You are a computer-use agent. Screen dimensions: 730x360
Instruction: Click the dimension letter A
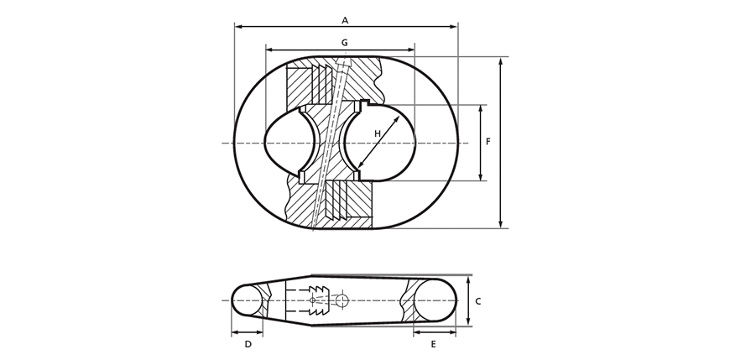pos(345,20)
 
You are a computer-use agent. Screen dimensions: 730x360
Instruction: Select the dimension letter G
pos(345,43)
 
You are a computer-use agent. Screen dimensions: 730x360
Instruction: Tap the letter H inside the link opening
pos(378,133)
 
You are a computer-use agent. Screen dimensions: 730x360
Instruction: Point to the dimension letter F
pos(488,142)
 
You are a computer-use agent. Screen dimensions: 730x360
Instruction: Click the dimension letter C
pos(478,301)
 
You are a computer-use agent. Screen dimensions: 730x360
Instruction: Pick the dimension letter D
pos(248,344)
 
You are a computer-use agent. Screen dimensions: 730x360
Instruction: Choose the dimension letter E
pos(434,344)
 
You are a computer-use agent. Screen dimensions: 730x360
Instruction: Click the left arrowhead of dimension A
pos(238,27)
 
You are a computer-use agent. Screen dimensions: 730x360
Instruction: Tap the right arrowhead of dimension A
pos(455,27)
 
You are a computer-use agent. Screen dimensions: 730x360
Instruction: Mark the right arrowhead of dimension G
pos(411,50)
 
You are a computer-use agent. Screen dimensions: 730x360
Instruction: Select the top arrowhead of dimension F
pos(481,108)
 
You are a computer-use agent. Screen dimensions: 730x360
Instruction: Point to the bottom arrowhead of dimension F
pos(481,177)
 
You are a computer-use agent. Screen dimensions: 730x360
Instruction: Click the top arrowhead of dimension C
pos(469,279)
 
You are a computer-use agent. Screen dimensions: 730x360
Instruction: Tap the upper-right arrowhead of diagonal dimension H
pos(397,119)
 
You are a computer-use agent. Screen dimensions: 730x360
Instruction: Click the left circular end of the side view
pos(248,300)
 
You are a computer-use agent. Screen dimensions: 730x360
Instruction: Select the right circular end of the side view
pos(435,300)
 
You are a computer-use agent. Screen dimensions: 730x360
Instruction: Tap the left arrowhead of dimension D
pos(235,332)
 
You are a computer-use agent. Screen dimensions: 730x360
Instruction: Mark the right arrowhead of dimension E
pos(452,332)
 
